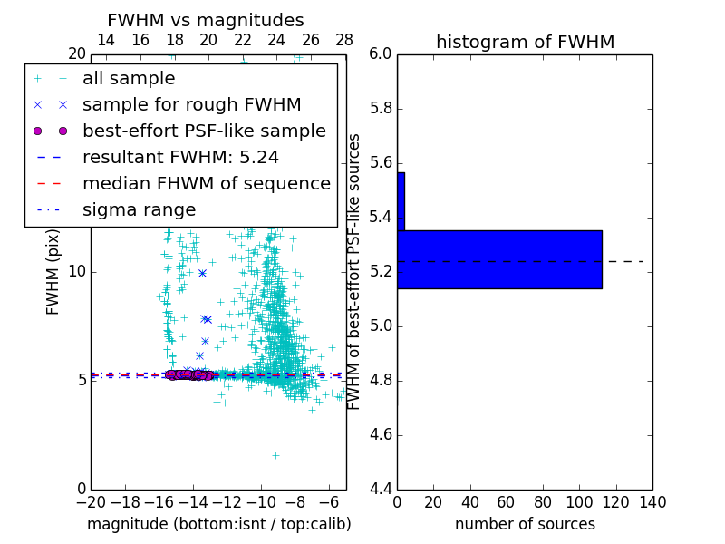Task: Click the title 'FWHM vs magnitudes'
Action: pos(206,21)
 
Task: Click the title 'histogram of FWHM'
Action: pos(525,42)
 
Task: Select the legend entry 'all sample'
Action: pos(129,79)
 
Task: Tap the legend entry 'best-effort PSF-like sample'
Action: pos(204,131)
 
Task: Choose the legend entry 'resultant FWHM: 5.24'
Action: pos(180,158)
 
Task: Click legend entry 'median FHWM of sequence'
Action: pos(206,184)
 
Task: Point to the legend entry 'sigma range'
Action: pos(139,210)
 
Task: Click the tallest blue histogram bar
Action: pos(499,259)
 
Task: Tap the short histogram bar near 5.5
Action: pos(401,201)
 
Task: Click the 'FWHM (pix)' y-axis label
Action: pos(53,271)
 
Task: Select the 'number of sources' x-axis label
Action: pos(525,524)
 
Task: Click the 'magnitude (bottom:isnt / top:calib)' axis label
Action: pos(218,524)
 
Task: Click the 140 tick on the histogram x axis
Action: pos(652,501)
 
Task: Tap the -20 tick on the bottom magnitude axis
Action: pos(91,501)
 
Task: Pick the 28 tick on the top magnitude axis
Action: pos(344,40)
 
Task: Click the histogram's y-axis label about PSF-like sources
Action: pos(355,271)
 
